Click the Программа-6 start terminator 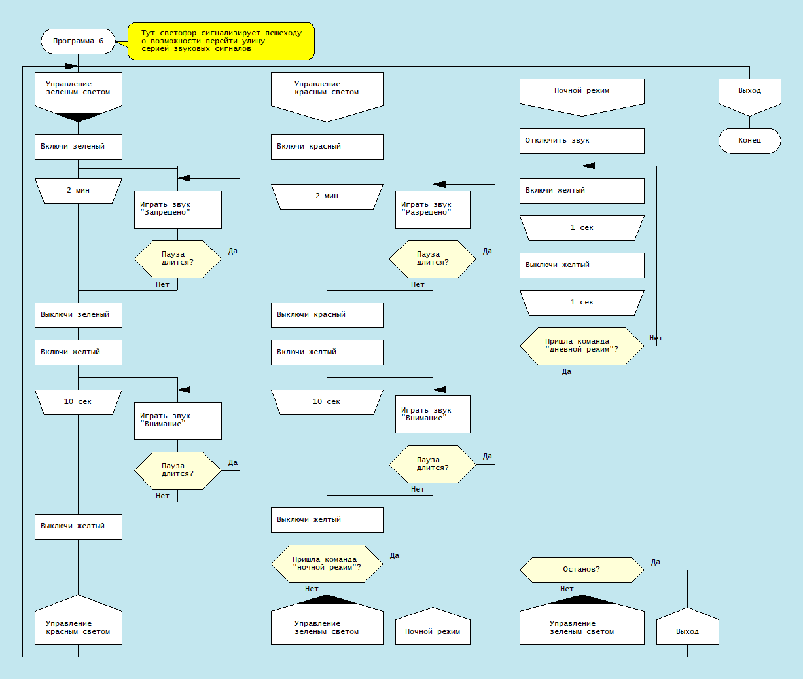tap(78, 41)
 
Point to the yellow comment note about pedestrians tap(221, 41)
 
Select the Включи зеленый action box tap(78, 147)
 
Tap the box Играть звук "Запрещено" tap(177, 209)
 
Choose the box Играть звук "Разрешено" tap(433, 209)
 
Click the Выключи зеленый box tap(78, 315)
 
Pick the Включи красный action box tap(327, 147)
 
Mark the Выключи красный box tap(327, 315)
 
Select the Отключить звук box tap(582, 141)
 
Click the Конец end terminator tap(749, 141)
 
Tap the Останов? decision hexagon tap(582, 570)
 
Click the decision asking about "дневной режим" tap(582, 346)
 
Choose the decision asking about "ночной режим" tap(327, 564)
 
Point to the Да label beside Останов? tap(656, 562)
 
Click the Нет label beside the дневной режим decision tap(656, 338)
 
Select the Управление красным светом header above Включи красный tap(327, 92)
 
